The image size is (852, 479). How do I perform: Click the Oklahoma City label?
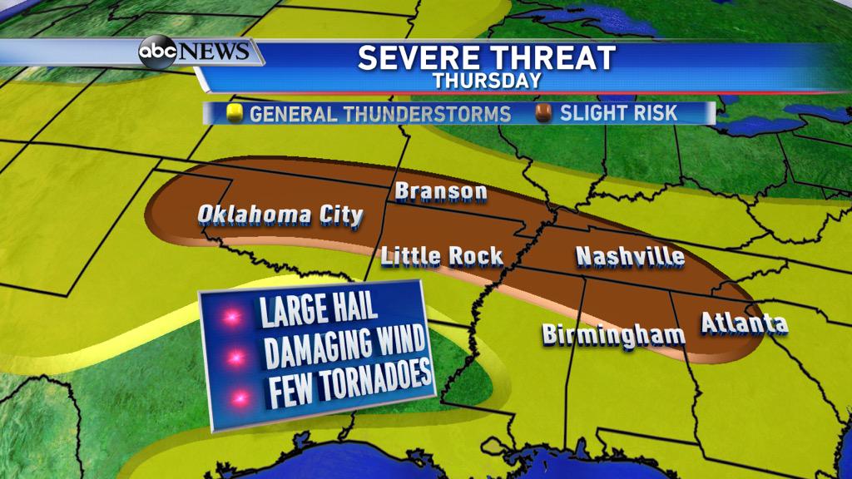(x=280, y=215)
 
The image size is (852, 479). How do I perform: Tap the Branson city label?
(x=441, y=192)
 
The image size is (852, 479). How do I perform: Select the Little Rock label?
(x=442, y=255)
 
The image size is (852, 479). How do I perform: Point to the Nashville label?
(x=630, y=256)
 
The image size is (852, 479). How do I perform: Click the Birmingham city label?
(x=613, y=334)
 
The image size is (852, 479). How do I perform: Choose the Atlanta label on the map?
(x=744, y=323)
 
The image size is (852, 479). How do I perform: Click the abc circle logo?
(x=156, y=52)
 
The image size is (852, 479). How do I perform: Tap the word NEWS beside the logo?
(x=214, y=52)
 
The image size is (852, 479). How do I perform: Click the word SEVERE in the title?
(x=416, y=58)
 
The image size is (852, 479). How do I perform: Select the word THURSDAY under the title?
(x=487, y=81)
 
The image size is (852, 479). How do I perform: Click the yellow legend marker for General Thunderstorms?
(x=235, y=113)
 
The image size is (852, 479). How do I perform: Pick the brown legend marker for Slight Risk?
(x=545, y=113)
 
